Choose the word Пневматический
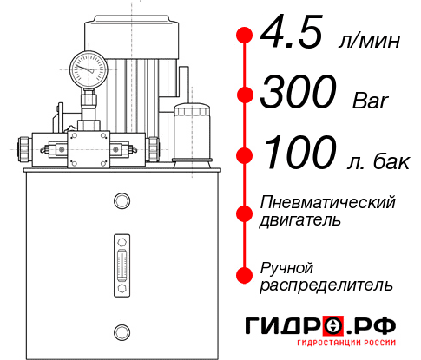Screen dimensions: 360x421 point(328,202)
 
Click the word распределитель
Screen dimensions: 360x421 point(326,285)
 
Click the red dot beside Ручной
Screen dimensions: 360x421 point(244,275)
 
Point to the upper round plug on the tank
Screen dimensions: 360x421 point(121,202)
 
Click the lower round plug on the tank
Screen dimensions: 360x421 point(121,331)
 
